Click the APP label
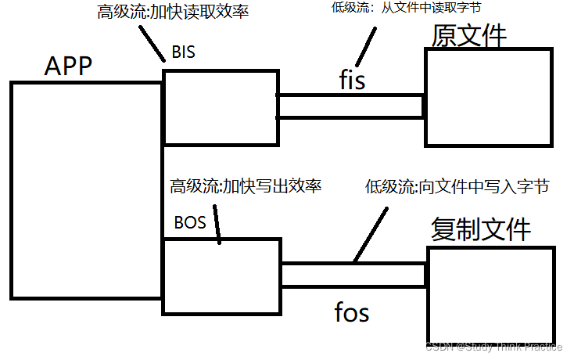point(68,66)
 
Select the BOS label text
point(190,222)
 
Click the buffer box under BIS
point(220,107)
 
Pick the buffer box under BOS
point(221,276)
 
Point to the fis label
point(351,80)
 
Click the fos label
point(351,313)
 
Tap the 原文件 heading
point(468,35)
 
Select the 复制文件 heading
point(481,229)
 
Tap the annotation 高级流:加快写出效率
point(246,186)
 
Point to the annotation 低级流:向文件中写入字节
point(457,186)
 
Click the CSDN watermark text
point(494,347)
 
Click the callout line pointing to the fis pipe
point(367,46)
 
